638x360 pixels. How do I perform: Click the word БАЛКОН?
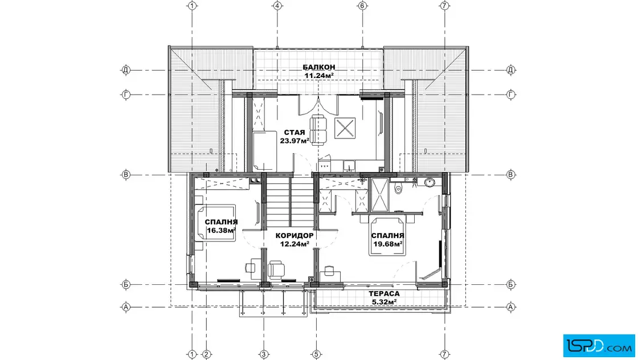click(x=318, y=67)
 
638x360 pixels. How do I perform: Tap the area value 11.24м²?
click(x=319, y=75)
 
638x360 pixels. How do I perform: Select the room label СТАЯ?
click(x=294, y=133)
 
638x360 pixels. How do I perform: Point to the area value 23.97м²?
click(x=294, y=141)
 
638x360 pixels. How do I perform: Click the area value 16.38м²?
click(x=221, y=231)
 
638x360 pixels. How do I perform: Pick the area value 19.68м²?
click(x=388, y=244)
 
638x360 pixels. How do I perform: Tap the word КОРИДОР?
click(x=294, y=236)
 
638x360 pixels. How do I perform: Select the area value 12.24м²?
click(x=294, y=244)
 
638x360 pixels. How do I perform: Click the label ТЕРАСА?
click(x=384, y=294)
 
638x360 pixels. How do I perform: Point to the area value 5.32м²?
click(x=384, y=302)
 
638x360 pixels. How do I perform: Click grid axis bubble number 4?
click(x=277, y=6)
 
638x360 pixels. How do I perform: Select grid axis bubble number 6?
click(x=362, y=6)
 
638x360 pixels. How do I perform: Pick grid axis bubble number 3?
click(x=263, y=355)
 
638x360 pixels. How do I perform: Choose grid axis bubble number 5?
click(x=316, y=355)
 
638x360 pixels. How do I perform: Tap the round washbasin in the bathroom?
click(x=430, y=183)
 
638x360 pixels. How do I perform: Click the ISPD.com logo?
click(x=599, y=346)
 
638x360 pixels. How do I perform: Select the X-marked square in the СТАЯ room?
click(x=345, y=128)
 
